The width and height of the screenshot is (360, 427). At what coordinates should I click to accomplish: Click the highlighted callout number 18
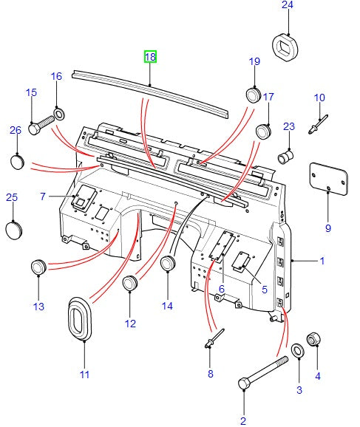tap(150, 57)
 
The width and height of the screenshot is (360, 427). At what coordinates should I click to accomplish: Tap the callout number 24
tap(287, 6)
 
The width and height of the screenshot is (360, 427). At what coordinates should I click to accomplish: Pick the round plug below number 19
tap(254, 97)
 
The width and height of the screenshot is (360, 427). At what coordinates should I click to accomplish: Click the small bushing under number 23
tap(287, 157)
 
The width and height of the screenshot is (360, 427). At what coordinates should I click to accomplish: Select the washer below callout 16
tap(59, 115)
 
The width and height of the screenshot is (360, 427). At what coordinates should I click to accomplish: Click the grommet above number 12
tap(131, 284)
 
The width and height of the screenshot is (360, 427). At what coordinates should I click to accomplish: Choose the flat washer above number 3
tap(298, 349)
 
